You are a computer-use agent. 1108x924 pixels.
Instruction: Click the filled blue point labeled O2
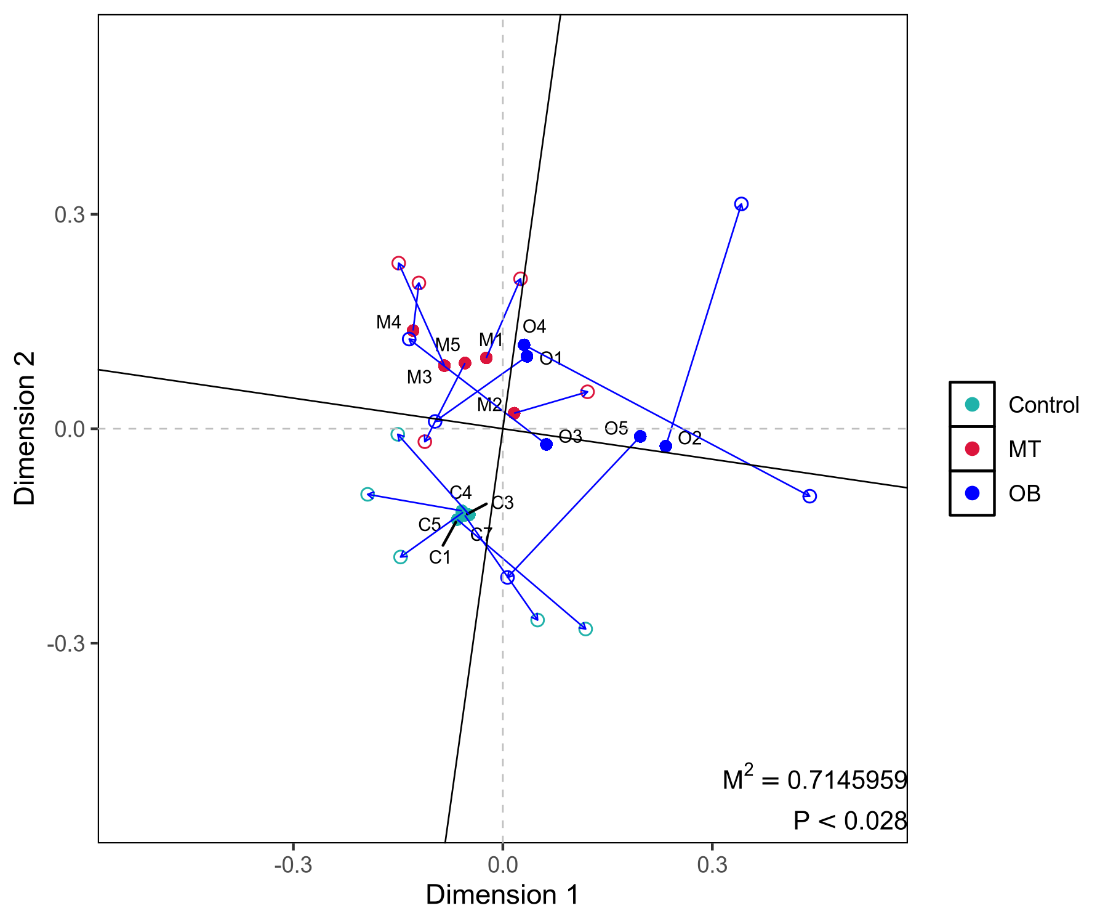click(665, 446)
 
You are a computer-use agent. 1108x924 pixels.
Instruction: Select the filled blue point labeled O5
click(640, 436)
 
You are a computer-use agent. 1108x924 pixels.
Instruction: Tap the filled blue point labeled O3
click(546, 444)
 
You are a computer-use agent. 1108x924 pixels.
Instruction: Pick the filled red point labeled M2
click(514, 413)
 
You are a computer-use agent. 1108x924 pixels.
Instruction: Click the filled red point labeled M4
click(413, 331)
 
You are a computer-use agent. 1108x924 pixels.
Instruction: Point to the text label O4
click(534, 326)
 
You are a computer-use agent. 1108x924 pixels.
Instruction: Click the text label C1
click(440, 557)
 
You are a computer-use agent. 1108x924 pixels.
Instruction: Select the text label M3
click(419, 377)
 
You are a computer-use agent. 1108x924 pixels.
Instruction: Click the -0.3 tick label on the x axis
click(293, 865)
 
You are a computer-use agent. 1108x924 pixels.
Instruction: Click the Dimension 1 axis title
click(502, 895)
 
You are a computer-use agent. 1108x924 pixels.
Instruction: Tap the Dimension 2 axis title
click(25, 428)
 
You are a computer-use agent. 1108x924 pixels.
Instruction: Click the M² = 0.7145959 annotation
click(814, 779)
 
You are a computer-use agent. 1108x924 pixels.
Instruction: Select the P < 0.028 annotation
click(849, 821)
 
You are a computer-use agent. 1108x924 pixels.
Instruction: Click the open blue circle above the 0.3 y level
click(741, 204)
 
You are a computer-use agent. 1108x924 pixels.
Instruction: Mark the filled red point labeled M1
click(486, 357)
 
